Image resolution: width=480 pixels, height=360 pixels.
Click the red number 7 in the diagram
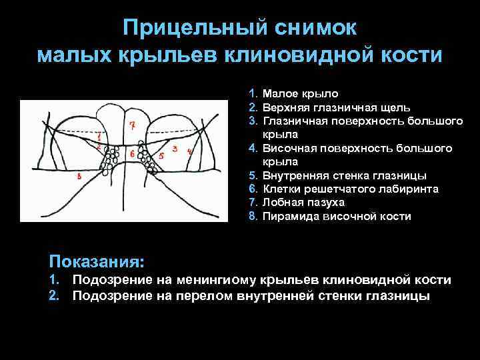click(132, 125)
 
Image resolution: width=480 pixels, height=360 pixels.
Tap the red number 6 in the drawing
click(132, 154)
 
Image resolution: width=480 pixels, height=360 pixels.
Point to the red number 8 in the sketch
click(79, 176)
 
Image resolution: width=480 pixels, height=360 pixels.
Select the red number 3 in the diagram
click(174, 147)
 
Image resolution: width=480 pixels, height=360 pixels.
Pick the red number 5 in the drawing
click(161, 155)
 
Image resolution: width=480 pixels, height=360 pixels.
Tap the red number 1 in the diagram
click(99, 135)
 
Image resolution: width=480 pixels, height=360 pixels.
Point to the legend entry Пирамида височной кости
click(337, 217)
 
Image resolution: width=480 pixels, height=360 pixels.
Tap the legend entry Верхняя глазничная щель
click(337, 107)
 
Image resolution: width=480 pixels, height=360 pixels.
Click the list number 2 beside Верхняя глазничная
click(253, 107)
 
